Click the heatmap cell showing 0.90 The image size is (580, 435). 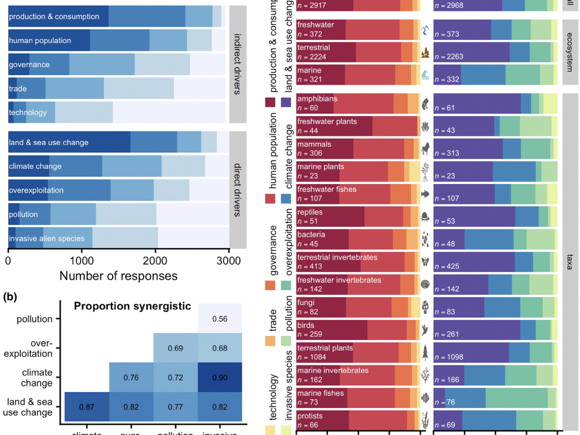(220, 377)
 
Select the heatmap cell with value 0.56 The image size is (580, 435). (220, 319)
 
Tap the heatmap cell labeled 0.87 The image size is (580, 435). (87, 407)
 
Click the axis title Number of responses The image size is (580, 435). (118, 276)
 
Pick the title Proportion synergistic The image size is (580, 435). (132, 306)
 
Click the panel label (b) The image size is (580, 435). (10, 297)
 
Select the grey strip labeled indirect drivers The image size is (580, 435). (237, 64)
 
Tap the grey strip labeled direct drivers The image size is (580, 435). (237, 190)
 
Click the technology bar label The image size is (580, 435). (28, 113)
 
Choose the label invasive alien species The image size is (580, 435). (46, 238)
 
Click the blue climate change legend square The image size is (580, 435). (286, 198)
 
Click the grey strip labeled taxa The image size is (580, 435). (572, 261)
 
